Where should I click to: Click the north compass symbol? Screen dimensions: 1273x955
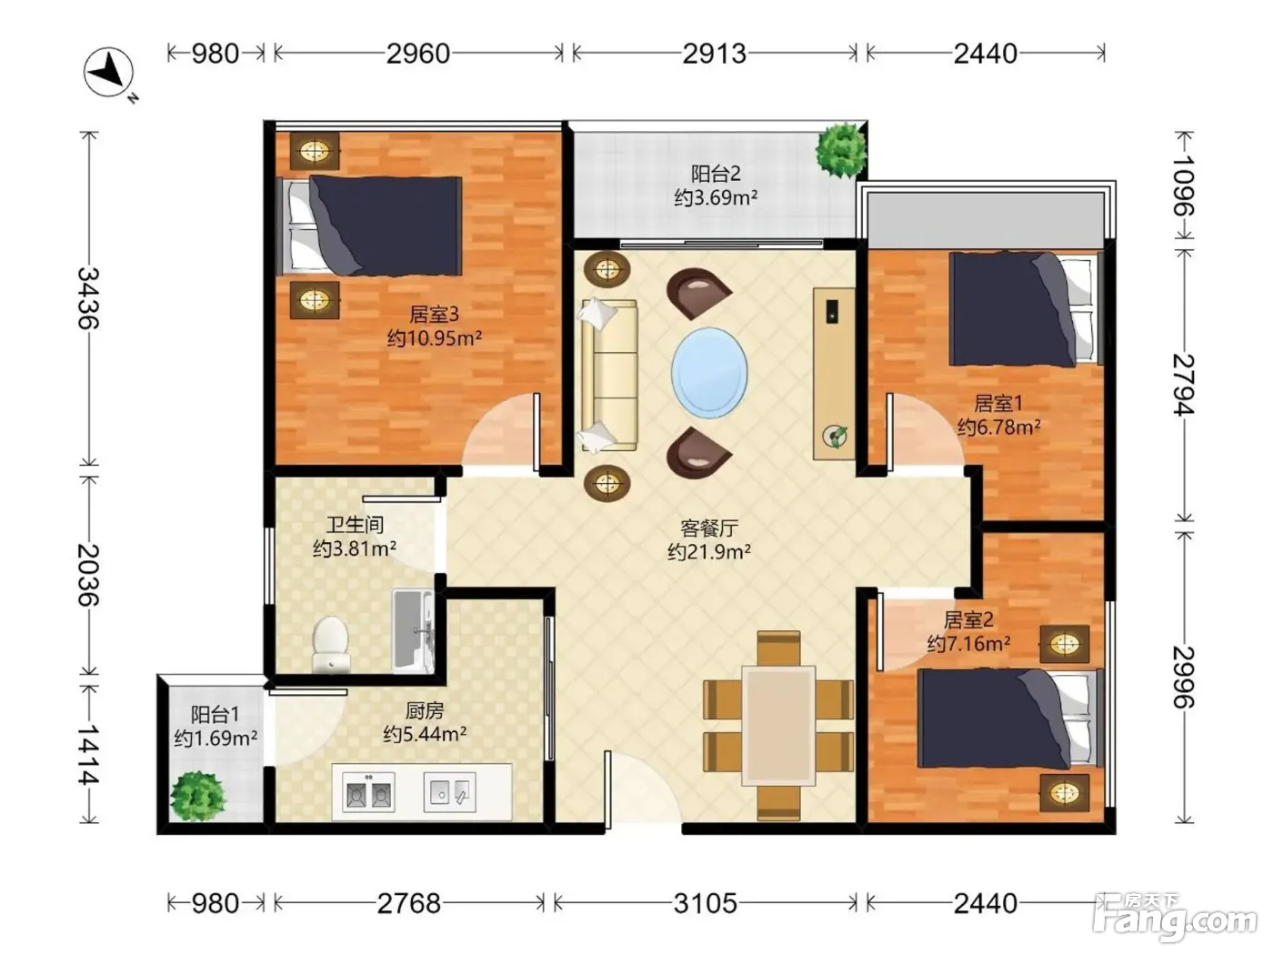tap(109, 73)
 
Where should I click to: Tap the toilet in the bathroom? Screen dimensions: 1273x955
tap(331, 644)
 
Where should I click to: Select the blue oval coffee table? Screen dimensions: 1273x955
tap(709, 373)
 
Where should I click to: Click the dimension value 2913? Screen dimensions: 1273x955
tap(714, 54)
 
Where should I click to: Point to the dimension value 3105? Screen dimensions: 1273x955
tap(705, 903)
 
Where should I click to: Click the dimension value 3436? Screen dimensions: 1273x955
tap(89, 298)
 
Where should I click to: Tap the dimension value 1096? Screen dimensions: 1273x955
tap(1184, 186)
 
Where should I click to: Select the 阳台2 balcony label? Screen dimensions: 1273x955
tap(716, 174)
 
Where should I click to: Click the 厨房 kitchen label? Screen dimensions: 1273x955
tap(425, 710)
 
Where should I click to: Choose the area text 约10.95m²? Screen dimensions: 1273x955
tap(435, 337)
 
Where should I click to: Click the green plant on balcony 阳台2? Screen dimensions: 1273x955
tap(840, 150)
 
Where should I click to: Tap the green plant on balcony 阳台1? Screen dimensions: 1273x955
tap(197, 796)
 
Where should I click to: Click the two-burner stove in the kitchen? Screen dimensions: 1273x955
tap(369, 792)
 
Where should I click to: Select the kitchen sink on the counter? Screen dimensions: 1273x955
tap(449, 792)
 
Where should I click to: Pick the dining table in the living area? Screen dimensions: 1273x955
tap(779, 725)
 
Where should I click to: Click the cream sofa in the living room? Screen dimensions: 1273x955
tap(608, 375)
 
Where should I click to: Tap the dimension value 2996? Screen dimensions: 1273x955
tap(1184, 677)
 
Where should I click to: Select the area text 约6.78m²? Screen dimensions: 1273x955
tap(998, 427)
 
